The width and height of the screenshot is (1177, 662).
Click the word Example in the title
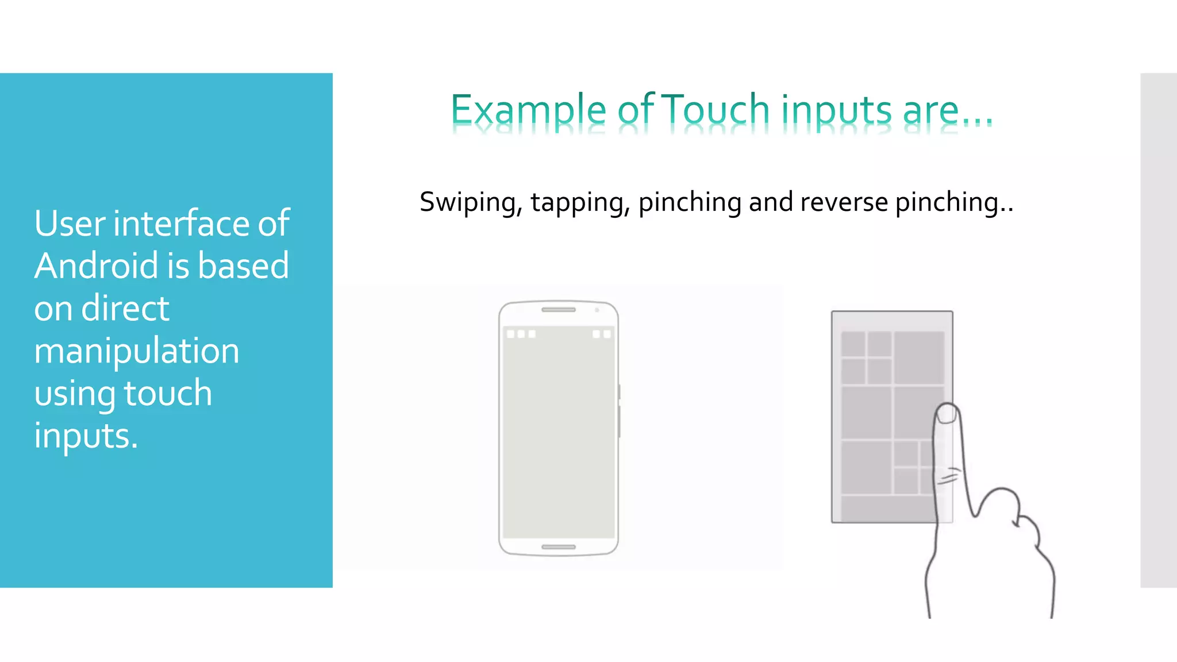tap(528, 110)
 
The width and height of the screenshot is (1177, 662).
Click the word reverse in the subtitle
tap(844, 202)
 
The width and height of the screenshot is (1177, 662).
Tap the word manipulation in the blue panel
tap(137, 352)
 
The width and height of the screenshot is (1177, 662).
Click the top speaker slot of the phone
tap(558, 310)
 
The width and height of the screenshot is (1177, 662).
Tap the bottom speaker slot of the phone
tap(558, 546)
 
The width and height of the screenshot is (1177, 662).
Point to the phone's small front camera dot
tap(597, 310)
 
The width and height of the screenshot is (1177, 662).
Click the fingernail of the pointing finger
tap(946, 413)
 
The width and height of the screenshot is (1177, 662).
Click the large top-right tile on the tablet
tap(918, 357)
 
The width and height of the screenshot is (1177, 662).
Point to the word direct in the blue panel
tap(125, 309)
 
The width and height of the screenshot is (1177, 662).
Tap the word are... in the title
tap(947, 110)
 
